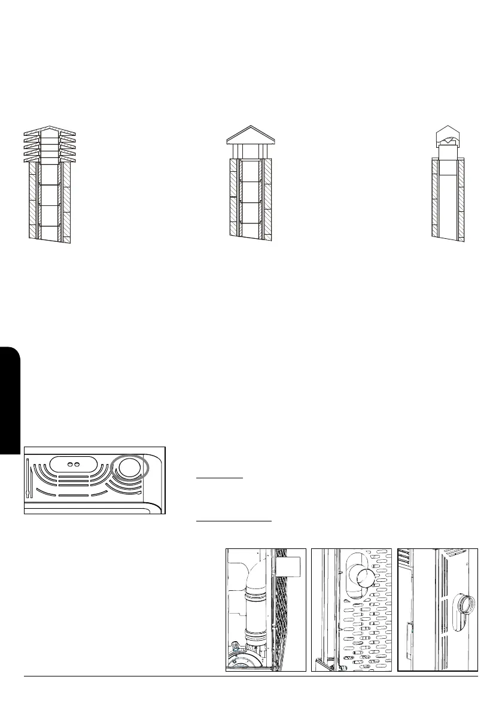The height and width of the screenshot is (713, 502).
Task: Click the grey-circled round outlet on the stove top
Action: tap(127, 469)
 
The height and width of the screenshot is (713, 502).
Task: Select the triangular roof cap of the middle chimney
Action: tap(254, 135)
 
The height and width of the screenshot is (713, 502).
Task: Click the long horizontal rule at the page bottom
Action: tap(251, 677)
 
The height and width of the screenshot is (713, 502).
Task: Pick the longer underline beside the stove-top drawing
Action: tap(234, 520)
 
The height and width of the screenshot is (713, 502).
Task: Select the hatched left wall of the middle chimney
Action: tap(234, 198)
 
